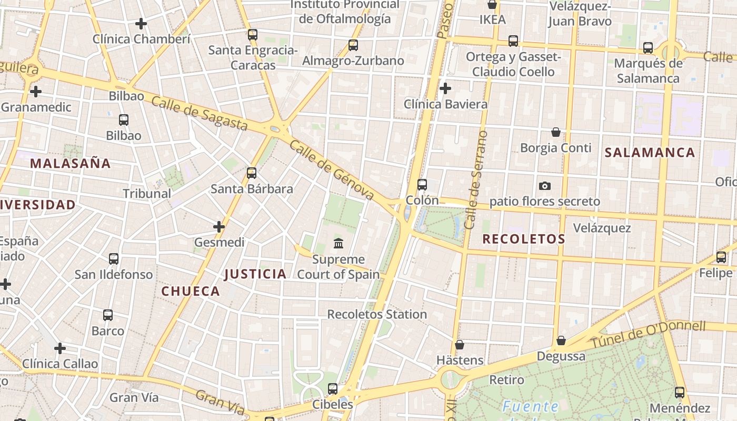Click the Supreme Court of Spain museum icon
tap(338, 244)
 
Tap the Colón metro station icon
tap(422, 185)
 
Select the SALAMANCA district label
tap(650, 153)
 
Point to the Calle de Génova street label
tap(332, 171)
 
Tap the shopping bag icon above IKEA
tap(492, 5)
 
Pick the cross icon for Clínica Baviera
tap(445, 88)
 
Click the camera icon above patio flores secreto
tap(545, 186)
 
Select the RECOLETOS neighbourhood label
tap(524, 239)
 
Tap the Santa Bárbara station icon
tap(252, 173)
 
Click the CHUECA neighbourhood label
tap(191, 291)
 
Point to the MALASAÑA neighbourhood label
tap(71, 163)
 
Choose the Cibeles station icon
tap(333, 389)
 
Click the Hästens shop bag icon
tap(460, 345)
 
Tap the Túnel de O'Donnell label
tap(648, 334)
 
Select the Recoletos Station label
tap(377, 314)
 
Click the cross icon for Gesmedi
tap(219, 227)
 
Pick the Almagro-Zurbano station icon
tap(353, 45)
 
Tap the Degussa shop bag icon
tap(561, 340)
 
